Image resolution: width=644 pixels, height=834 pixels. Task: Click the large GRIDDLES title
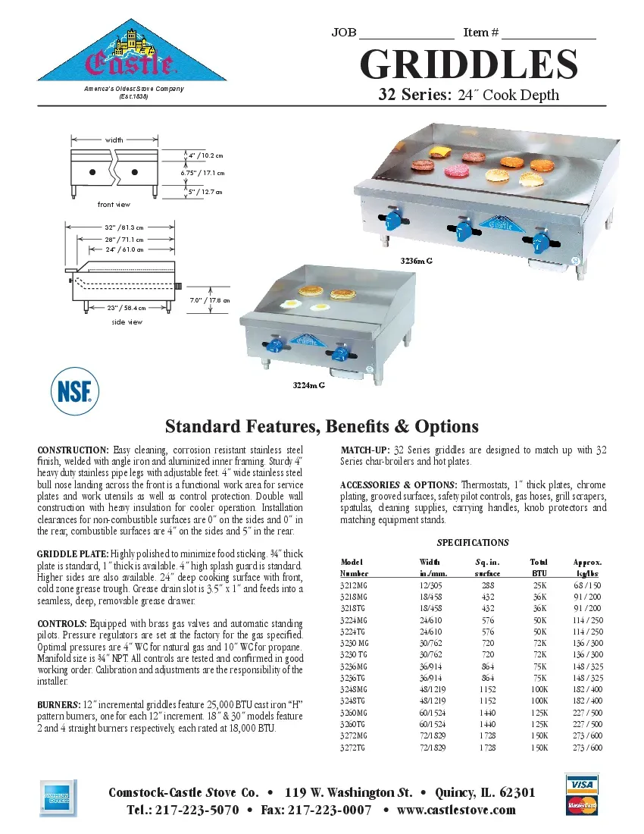pyautogui.click(x=468, y=65)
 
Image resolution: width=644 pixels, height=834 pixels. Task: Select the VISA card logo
pyautogui.click(x=581, y=783)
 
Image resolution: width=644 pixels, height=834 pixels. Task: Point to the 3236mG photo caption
pyautogui.click(x=416, y=261)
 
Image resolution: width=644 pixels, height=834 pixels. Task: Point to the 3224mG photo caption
pyautogui.click(x=308, y=386)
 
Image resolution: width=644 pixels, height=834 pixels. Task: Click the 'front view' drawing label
pyautogui.click(x=114, y=205)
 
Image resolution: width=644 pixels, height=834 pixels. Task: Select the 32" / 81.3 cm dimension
pyautogui.click(x=123, y=227)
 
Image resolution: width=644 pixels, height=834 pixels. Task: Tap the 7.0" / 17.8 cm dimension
pyautogui.click(x=209, y=300)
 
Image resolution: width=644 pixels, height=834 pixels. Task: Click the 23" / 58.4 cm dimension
pyautogui.click(x=126, y=308)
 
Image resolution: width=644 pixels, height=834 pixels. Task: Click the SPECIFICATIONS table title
pyautogui.click(x=473, y=543)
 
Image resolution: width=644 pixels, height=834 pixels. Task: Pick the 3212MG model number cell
pyautogui.click(x=355, y=587)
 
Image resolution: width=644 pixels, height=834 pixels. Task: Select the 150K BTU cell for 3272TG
pyautogui.click(x=539, y=748)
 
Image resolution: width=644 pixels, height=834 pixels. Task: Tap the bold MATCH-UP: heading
pyautogui.click(x=366, y=450)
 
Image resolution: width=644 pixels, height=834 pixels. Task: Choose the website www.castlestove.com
pyautogui.click(x=456, y=810)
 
